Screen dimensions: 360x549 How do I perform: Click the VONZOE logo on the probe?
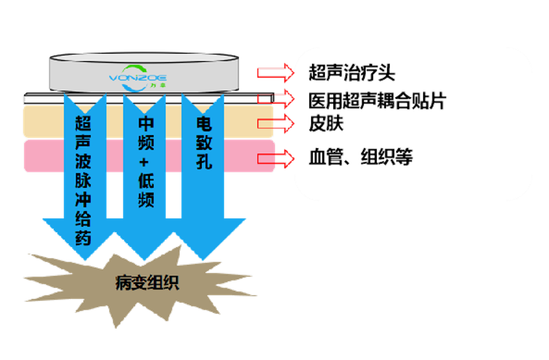139,78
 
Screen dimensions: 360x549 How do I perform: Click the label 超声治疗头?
352,73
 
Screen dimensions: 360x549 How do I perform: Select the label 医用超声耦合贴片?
377,101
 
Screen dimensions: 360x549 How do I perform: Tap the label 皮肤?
326,123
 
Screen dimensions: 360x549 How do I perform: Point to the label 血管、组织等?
361,157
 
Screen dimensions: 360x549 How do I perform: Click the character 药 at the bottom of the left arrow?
84,239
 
